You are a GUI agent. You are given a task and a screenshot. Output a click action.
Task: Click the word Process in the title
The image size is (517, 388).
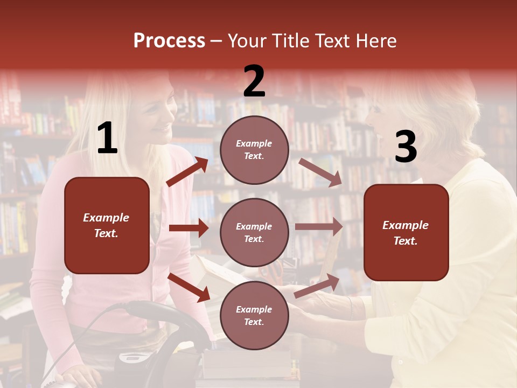[x=169, y=41]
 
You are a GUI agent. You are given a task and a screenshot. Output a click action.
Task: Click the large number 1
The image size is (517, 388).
[x=107, y=139]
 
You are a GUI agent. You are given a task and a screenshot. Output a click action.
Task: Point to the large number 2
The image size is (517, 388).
[x=254, y=82]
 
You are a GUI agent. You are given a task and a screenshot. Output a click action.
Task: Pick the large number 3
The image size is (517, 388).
[x=406, y=147]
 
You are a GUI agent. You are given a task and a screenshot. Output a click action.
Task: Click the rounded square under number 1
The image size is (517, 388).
[x=107, y=225]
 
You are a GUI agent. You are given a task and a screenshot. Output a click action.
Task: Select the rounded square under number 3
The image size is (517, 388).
[x=406, y=233]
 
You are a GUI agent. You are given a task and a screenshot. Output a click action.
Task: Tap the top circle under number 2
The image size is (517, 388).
[x=254, y=150]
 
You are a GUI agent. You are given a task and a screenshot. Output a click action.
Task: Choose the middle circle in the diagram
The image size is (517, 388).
[x=254, y=233]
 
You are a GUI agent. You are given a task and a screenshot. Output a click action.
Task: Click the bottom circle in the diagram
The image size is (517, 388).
[x=254, y=316]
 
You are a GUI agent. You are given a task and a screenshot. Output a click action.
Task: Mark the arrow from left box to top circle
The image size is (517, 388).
[x=187, y=172]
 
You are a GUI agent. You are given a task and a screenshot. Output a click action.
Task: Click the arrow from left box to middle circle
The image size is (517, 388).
[x=188, y=228]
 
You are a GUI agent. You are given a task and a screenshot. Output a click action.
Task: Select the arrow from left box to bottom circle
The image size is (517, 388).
[x=189, y=287]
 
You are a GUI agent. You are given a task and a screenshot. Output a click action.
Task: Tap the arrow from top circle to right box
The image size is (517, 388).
[x=320, y=172]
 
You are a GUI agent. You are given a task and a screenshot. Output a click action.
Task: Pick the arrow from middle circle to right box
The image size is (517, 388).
[x=319, y=227]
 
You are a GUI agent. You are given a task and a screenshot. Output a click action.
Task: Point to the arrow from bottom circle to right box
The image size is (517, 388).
[x=317, y=286]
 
